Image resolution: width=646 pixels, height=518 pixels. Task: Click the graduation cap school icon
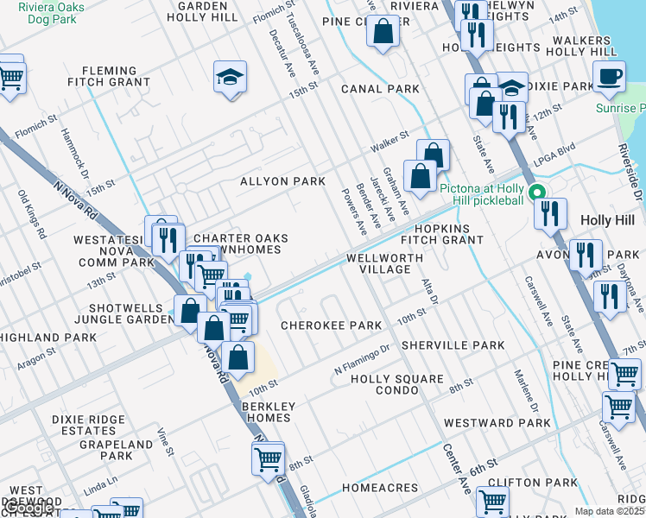coord(230,78)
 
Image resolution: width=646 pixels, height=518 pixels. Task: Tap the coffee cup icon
coord(609,76)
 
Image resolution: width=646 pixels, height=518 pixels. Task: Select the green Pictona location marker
coord(537,193)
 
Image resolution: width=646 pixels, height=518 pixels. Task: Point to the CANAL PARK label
coord(380,89)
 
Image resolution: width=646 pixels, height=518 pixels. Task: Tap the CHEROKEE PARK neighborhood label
coord(331,325)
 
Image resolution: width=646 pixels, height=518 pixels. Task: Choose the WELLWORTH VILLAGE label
coord(385,263)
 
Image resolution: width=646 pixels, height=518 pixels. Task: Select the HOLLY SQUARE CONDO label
coord(396,384)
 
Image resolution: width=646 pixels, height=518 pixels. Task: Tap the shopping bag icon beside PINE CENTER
coord(383,34)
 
